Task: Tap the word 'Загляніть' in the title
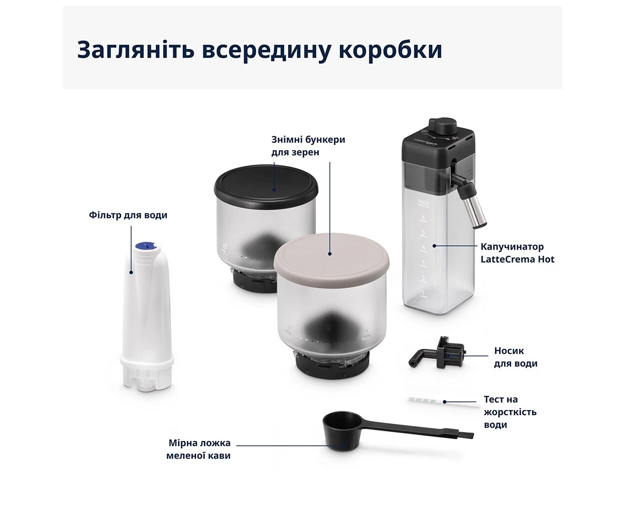(136, 49)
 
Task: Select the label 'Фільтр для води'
(128, 215)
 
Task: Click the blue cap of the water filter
(146, 246)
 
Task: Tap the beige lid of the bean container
(331, 256)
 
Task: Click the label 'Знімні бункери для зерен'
(308, 146)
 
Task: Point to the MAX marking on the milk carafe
(423, 203)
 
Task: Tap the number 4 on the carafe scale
(423, 248)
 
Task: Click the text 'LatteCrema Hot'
(517, 259)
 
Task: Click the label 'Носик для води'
(516, 357)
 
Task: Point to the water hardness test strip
(444, 401)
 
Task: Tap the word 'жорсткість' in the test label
(510, 412)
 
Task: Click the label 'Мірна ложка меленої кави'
(199, 449)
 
